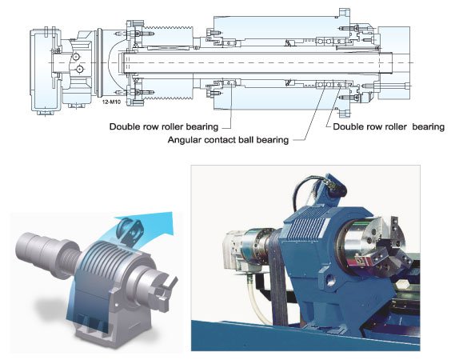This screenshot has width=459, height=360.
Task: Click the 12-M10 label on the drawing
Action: [111, 102]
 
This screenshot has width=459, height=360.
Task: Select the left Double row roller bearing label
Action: [164, 127]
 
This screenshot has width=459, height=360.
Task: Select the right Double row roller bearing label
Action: [389, 127]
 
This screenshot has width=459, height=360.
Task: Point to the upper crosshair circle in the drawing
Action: [76, 56]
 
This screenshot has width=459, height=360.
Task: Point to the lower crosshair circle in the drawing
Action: [79, 70]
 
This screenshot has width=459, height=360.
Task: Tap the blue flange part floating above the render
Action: [130, 230]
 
